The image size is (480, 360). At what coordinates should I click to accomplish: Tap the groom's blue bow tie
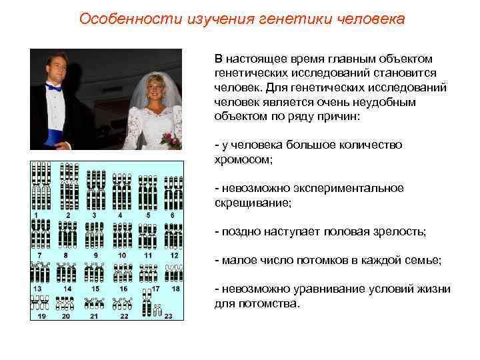point(54,87)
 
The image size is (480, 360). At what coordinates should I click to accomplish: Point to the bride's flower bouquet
point(172,139)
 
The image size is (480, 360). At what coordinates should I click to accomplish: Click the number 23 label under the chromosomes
point(169,315)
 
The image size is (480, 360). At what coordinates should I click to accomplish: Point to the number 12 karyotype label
point(174,255)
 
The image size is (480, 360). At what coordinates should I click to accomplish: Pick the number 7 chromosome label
point(39,255)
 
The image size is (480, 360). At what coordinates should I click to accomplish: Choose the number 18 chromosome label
point(175,289)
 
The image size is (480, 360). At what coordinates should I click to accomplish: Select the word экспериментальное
point(358,189)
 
